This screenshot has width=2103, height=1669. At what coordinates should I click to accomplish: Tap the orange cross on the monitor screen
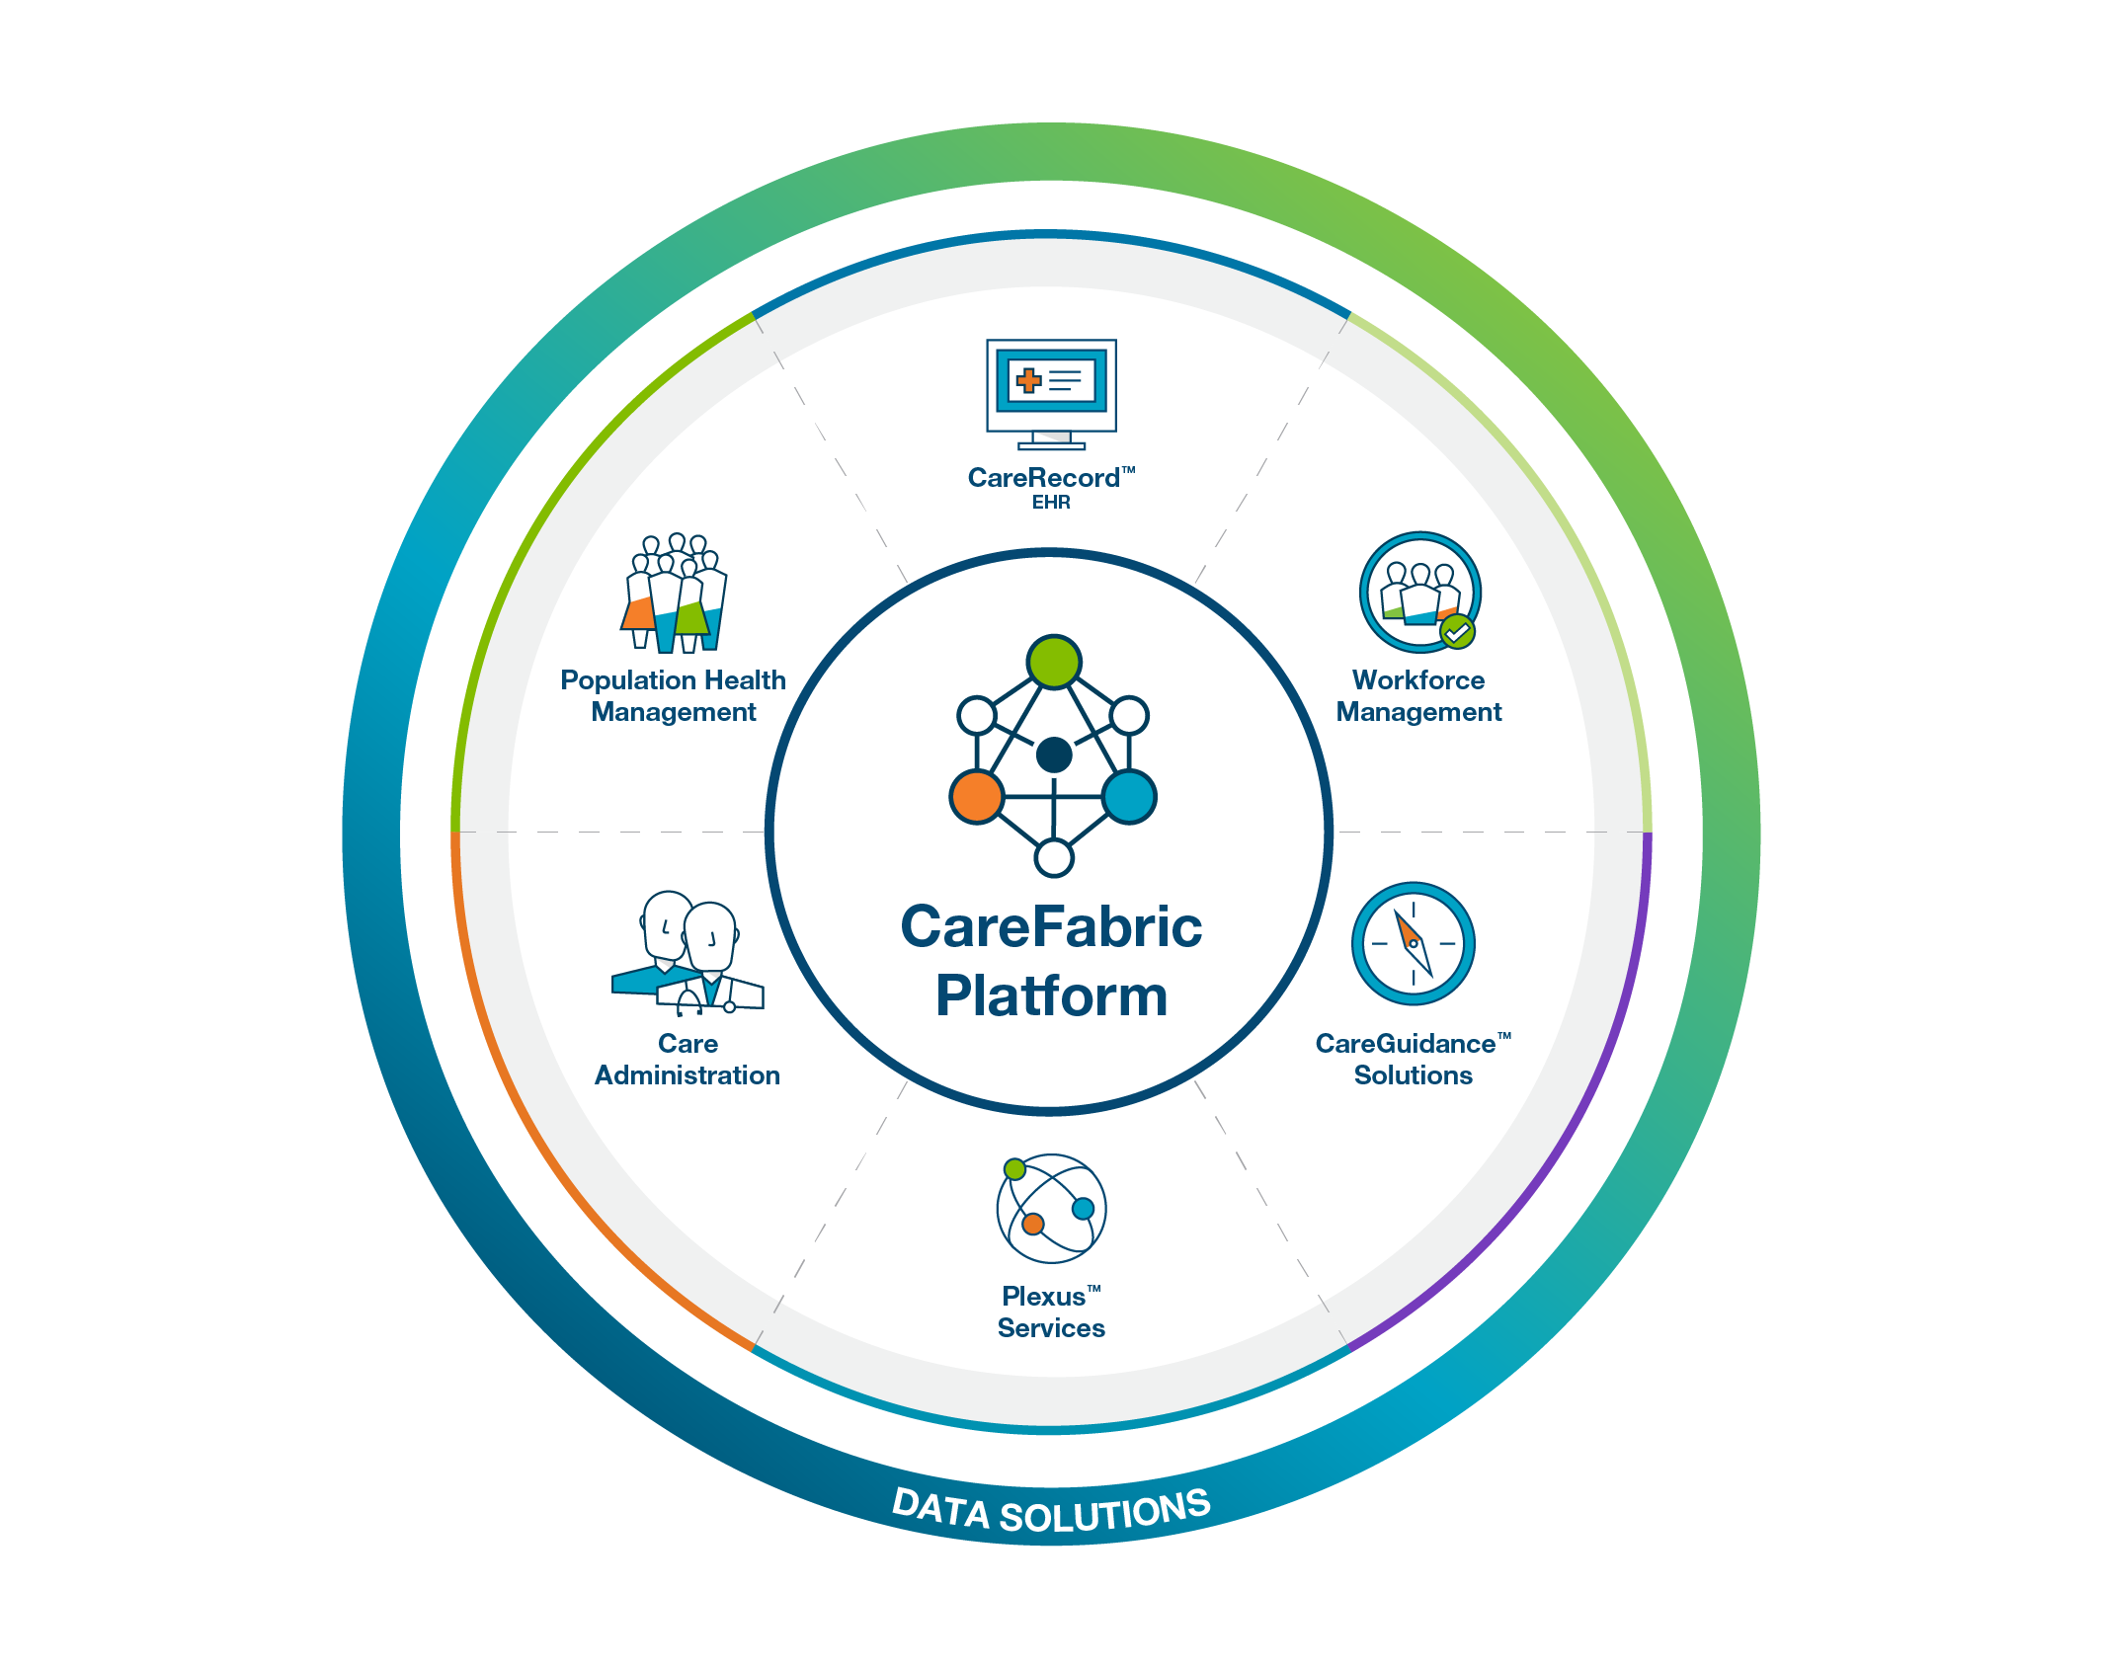tap(1028, 380)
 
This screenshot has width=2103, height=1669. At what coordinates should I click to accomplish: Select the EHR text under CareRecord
tap(1051, 503)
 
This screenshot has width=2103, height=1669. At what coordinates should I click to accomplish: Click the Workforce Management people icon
tap(1419, 591)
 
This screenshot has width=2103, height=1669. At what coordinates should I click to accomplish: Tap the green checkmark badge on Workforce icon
tap(1457, 630)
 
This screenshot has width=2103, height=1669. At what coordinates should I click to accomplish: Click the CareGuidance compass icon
tap(1413, 943)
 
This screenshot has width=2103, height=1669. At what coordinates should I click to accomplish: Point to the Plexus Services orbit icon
tap(1051, 1208)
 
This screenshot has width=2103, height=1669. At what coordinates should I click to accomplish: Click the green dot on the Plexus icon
tap(1014, 1169)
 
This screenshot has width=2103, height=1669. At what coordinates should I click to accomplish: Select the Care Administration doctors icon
tap(688, 954)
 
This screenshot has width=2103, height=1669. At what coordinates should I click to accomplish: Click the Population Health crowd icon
tap(675, 593)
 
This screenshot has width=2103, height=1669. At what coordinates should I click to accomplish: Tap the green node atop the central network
tap(1054, 662)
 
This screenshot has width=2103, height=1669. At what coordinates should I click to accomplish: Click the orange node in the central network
tap(977, 797)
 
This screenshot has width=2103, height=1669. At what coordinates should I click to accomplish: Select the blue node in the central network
tap(1129, 797)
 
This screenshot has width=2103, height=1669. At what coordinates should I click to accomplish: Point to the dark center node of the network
tap(1054, 755)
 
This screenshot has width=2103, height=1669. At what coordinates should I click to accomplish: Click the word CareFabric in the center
tap(1051, 927)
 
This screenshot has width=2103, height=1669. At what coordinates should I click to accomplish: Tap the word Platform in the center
tap(1051, 995)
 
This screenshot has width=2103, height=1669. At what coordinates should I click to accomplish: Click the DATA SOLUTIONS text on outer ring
tap(1051, 1512)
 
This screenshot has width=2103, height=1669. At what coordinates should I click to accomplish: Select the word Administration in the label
tap(688, 1075)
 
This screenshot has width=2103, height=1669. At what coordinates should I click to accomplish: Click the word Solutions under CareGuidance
tap(1413, 1075)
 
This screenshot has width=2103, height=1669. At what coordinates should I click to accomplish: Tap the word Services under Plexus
tap(1051, 1328)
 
